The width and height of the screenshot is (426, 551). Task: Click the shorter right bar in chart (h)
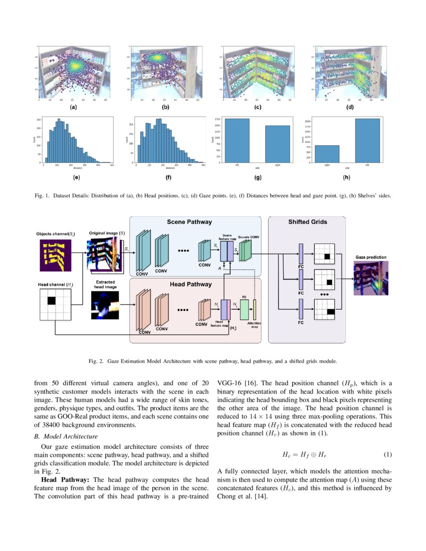tap(327, 153)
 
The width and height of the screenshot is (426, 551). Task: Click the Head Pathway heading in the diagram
tap(190, 285)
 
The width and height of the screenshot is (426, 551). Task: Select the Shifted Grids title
tap(307, 222)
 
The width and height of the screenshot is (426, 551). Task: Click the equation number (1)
tap(387, 455)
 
